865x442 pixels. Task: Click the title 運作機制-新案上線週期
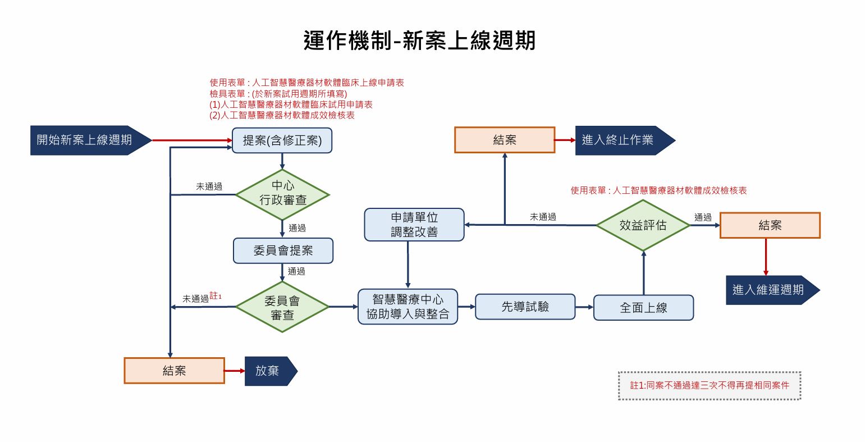(x=419, y=41)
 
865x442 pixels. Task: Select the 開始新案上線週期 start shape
(x=87, y=140)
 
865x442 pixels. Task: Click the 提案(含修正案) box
(x=282, y=140)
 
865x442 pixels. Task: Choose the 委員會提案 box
(x=283, y=251)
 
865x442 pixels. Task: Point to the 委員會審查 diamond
(x=282, y=307)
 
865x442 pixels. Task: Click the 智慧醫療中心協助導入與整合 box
(x=408, y=307)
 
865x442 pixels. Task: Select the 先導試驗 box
(x=525, y=307)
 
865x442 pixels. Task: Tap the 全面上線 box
(x=643, y=308)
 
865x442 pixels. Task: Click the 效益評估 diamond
(x=643, y=225)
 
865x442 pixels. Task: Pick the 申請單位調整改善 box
(x=414, y=225)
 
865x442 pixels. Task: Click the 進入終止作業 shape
(x=621, y=140)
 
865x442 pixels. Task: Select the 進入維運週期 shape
(x=769, y=290)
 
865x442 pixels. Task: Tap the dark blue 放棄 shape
(x=268, y=371)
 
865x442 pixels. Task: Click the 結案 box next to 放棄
(x=174, y=371)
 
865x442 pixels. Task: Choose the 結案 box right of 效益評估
(x=770, y=225)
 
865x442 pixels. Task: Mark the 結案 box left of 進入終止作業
(x=504, y=140)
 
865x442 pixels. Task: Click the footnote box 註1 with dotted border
(x=710, y=385)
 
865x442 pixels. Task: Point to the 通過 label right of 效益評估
(x=702, y=217)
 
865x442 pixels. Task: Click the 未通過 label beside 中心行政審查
(x=209, y=187)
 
